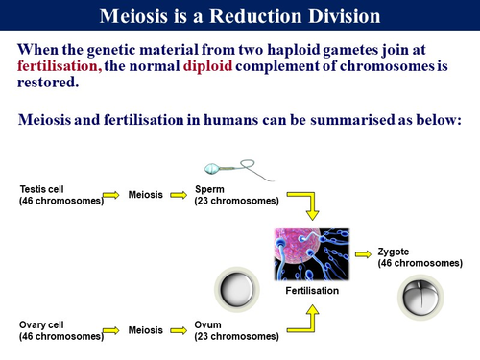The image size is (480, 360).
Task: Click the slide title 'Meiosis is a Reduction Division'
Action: click(240, 16)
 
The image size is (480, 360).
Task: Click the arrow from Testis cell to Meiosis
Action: click(114, 196)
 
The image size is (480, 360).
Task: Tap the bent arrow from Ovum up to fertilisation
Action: click(308, 321)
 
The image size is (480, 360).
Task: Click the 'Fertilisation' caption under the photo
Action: click(312, 290)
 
